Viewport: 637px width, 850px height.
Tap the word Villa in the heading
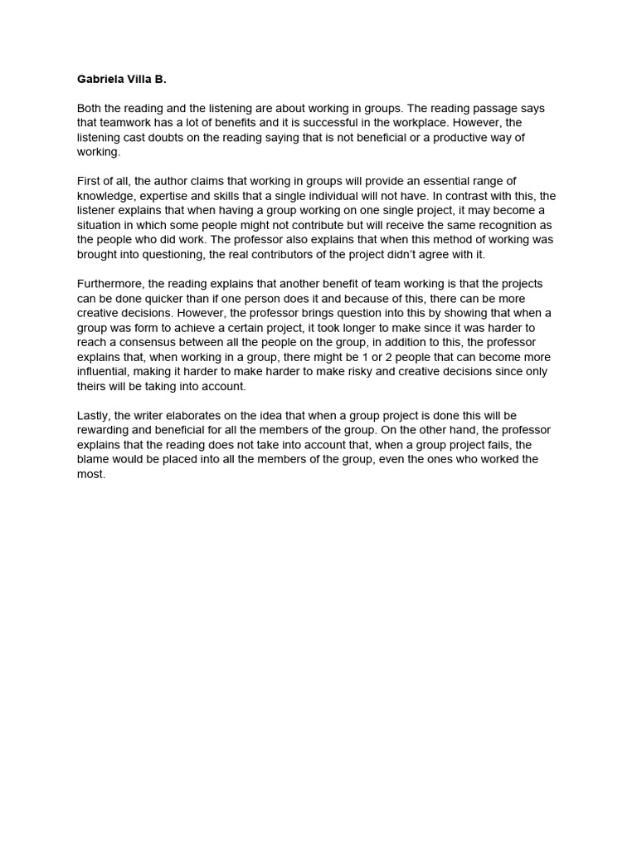pyautogui.click(x=144, y=81)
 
